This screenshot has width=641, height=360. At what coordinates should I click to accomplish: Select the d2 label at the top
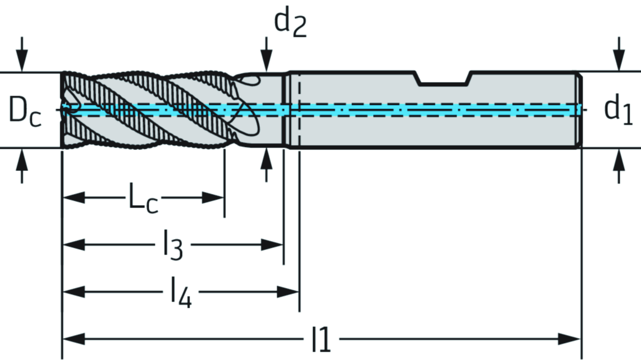(290, 23)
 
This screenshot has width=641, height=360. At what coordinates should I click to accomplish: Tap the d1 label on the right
(618, 111)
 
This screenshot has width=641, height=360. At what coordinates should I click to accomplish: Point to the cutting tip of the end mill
(64, 110)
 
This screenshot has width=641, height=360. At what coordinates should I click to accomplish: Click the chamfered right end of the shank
(580, 110)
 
